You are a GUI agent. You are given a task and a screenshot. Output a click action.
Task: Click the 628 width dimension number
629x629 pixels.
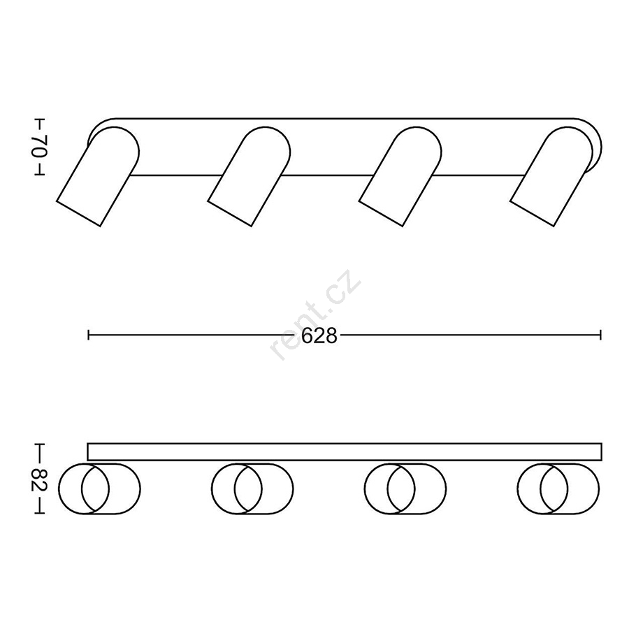[x=319, y=335]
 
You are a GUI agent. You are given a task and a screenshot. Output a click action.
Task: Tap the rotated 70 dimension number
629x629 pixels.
[x=40, y=147]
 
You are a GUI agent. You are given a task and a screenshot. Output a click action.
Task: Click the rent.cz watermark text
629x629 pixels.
[x=316, y=314]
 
